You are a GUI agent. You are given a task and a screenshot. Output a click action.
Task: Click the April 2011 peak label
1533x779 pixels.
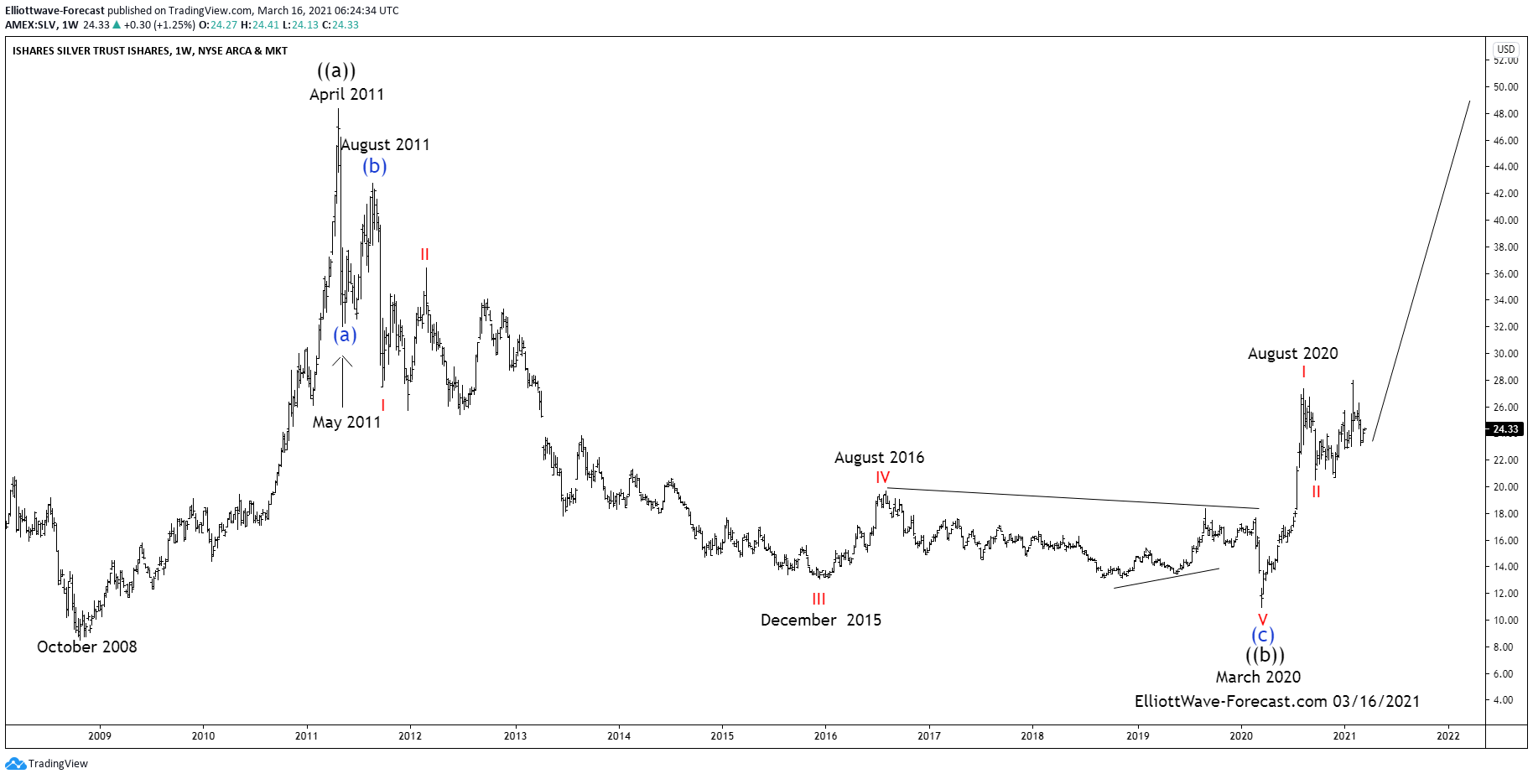pos(346,95)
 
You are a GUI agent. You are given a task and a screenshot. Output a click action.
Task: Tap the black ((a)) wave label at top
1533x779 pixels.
pos(336,70)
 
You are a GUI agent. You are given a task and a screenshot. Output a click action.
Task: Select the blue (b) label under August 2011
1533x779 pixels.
pos(375,166)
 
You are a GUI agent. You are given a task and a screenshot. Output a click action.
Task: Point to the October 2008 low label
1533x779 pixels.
pos(86,647)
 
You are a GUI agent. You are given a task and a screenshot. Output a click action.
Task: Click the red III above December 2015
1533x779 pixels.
pos(818,599)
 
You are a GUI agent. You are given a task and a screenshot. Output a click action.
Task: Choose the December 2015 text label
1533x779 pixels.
pos(820,620)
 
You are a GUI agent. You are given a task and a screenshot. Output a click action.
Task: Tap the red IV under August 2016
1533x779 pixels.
pos(882,477)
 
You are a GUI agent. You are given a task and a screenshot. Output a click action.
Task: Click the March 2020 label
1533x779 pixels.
pos(1258,677)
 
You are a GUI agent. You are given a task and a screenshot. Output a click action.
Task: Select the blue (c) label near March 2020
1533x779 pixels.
pos(1262,636)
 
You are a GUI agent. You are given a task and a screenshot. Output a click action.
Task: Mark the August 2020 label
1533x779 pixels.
pos(1292,353)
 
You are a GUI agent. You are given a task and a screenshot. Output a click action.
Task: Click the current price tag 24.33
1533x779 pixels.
pos(1505,429)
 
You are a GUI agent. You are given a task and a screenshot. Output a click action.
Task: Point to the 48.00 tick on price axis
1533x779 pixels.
pos(1505,114)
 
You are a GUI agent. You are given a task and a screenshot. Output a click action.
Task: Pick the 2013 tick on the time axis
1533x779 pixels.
pos(515,736)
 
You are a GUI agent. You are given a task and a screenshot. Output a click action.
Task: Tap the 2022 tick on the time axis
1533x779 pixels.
pos(1447,736)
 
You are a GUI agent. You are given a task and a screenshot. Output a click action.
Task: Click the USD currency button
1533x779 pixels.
pos(1506,49)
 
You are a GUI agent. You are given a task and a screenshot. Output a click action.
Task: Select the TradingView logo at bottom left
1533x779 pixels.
pos(47,763)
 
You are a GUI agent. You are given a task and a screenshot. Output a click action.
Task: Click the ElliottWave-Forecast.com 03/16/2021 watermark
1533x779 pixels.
pos(1276,701)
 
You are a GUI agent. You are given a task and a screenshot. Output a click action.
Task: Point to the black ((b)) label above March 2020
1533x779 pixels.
pos(1264,655)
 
